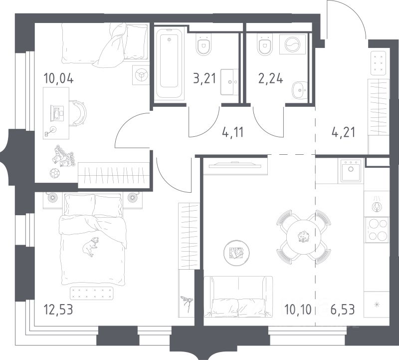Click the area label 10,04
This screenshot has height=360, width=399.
coord(59,78)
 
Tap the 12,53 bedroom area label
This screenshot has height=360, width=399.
coord(58,310)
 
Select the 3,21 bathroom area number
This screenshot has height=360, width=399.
coord(204,78)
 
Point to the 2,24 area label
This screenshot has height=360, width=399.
coord(270,78)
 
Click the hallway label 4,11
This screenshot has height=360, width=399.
coord(232,132)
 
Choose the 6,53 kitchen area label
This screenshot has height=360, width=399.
coord(343,310)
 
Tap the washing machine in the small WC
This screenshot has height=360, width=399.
coord(293,44)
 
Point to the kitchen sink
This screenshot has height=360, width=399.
coord(351,170)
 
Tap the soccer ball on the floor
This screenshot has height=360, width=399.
coord(54,173)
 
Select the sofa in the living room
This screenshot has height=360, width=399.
coord(238,297)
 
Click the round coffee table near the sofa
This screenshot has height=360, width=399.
coord(236,253)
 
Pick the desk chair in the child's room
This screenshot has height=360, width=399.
coord(78,113)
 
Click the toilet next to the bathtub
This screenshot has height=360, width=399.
coord(204,44)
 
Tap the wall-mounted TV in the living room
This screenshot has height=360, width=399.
coord(235,165)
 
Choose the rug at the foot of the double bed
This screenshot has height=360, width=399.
coord(92,293)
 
